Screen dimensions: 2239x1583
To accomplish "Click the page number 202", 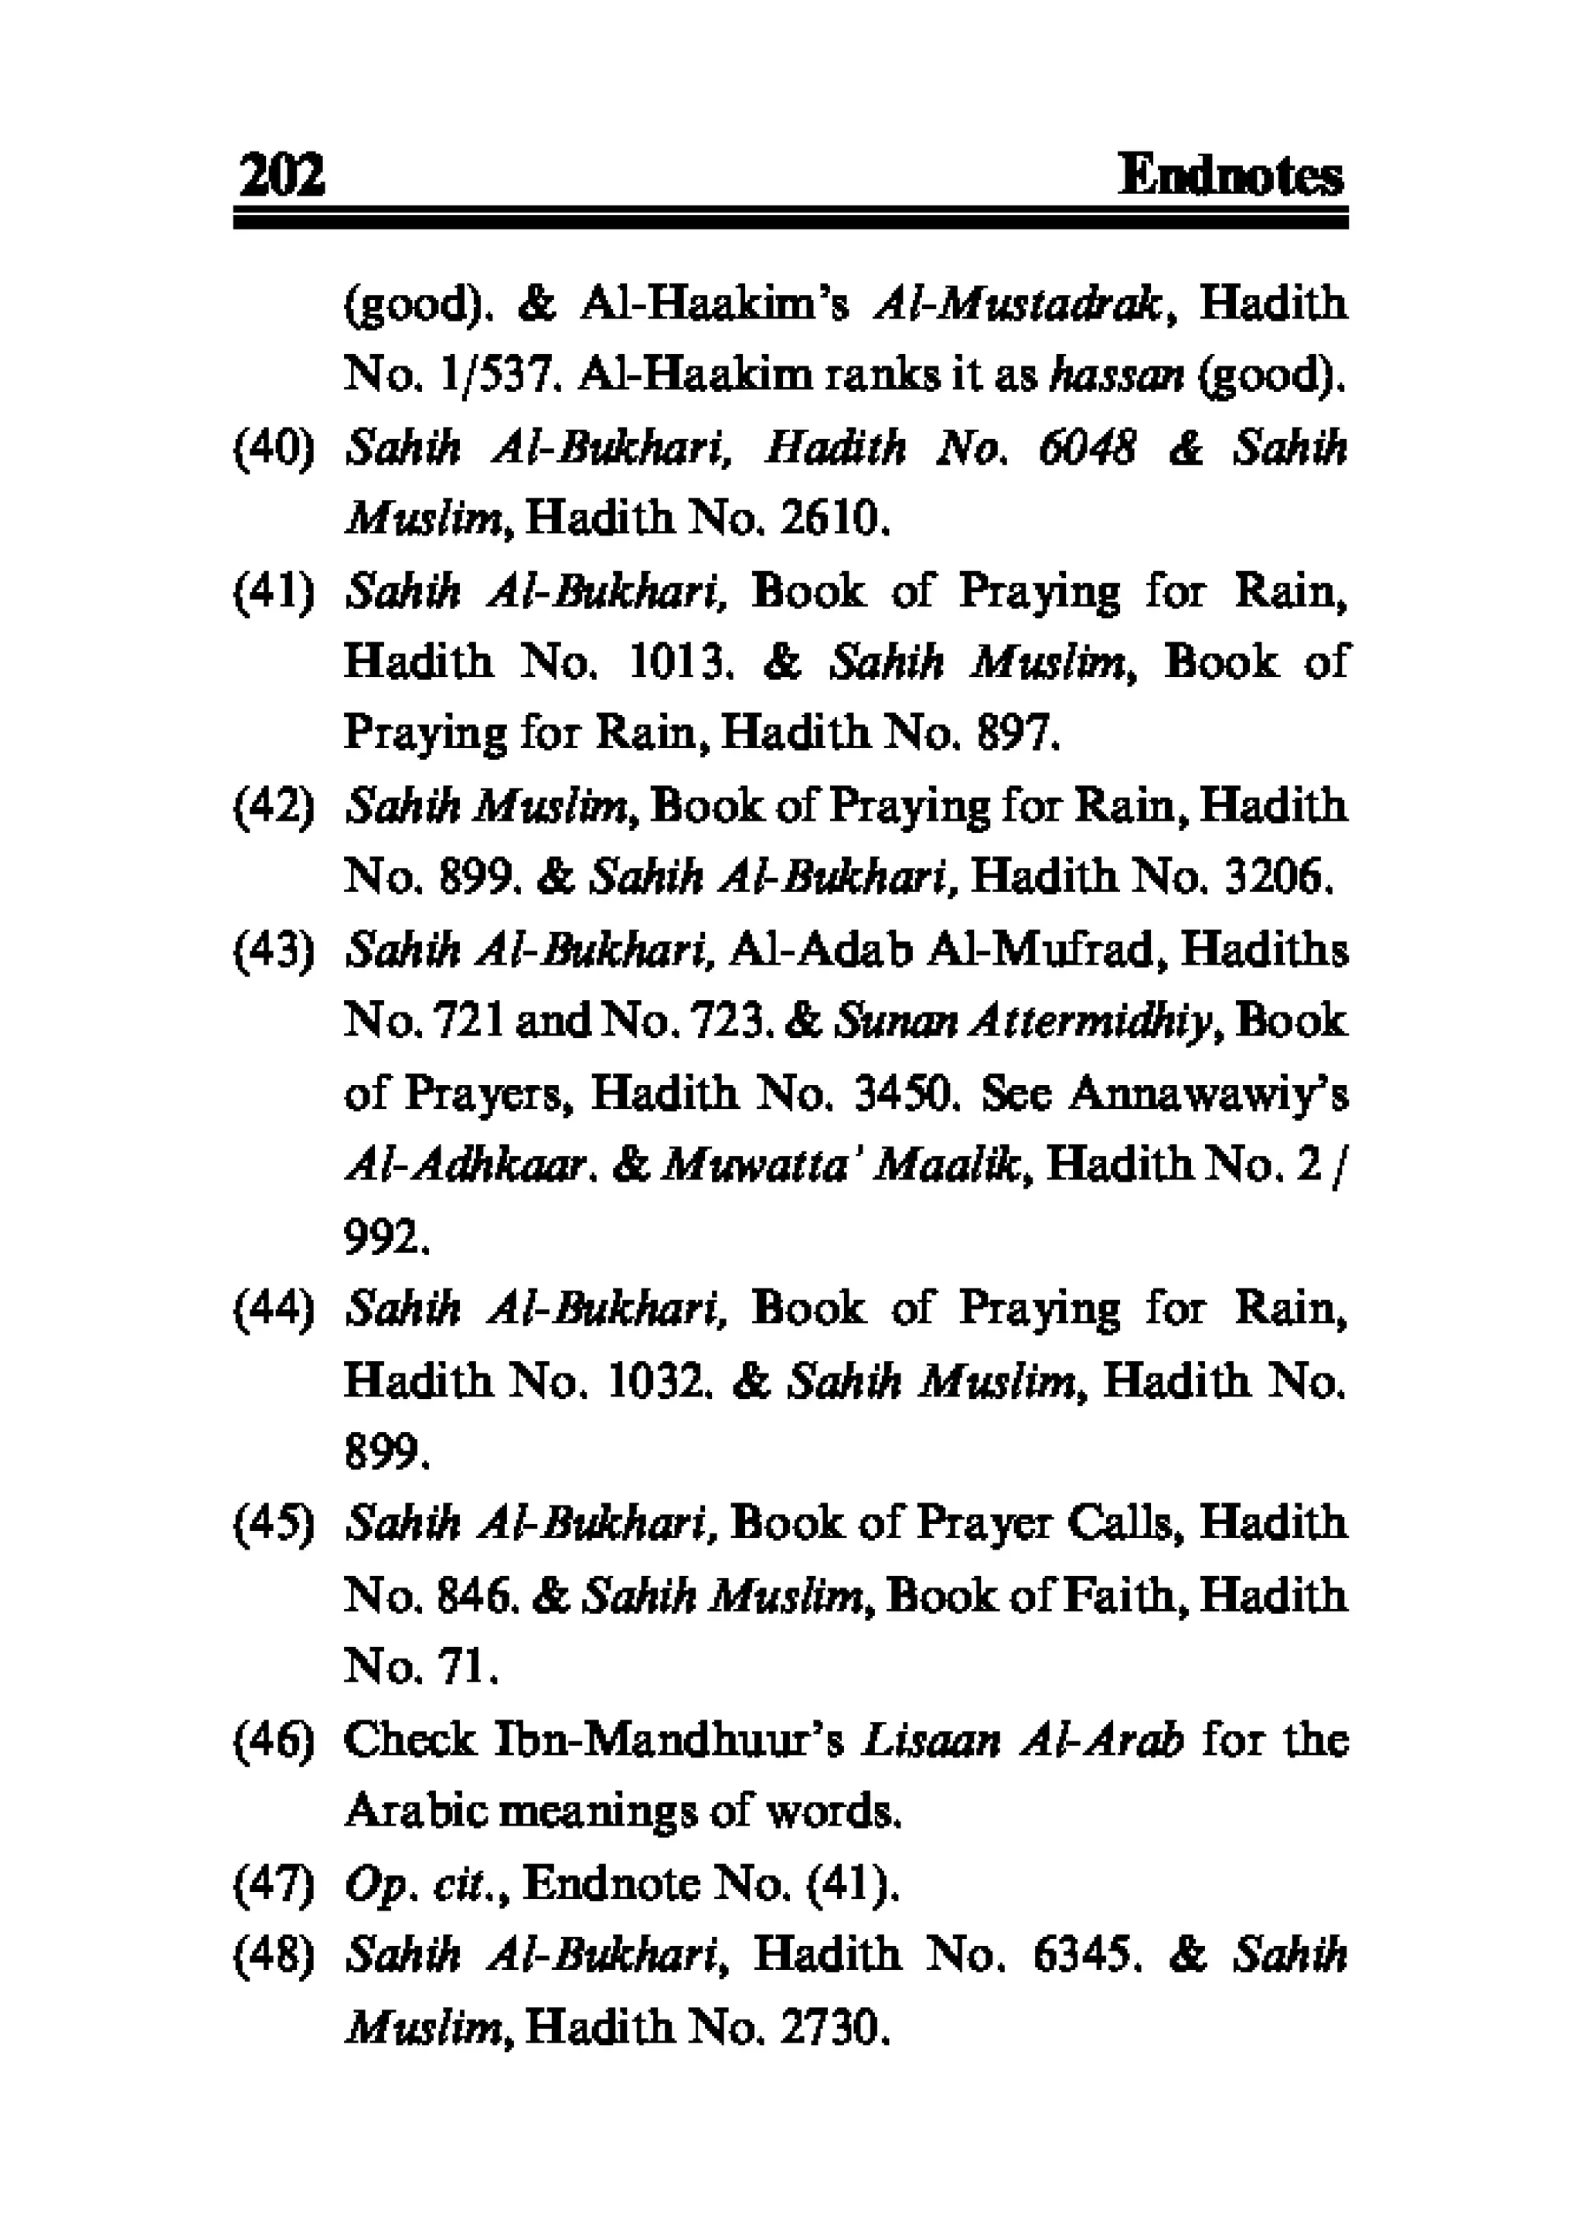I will click(281, 176).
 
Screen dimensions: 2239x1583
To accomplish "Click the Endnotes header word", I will click(1230, 176).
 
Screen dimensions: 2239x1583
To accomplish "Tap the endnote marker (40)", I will click(273, 447).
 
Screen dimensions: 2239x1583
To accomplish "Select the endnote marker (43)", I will click(273, 950).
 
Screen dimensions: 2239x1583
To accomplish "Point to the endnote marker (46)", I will click(273, 1740).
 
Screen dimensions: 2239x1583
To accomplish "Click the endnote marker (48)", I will click(273, 1955).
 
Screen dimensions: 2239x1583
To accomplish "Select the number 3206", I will click(1275, 878).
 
